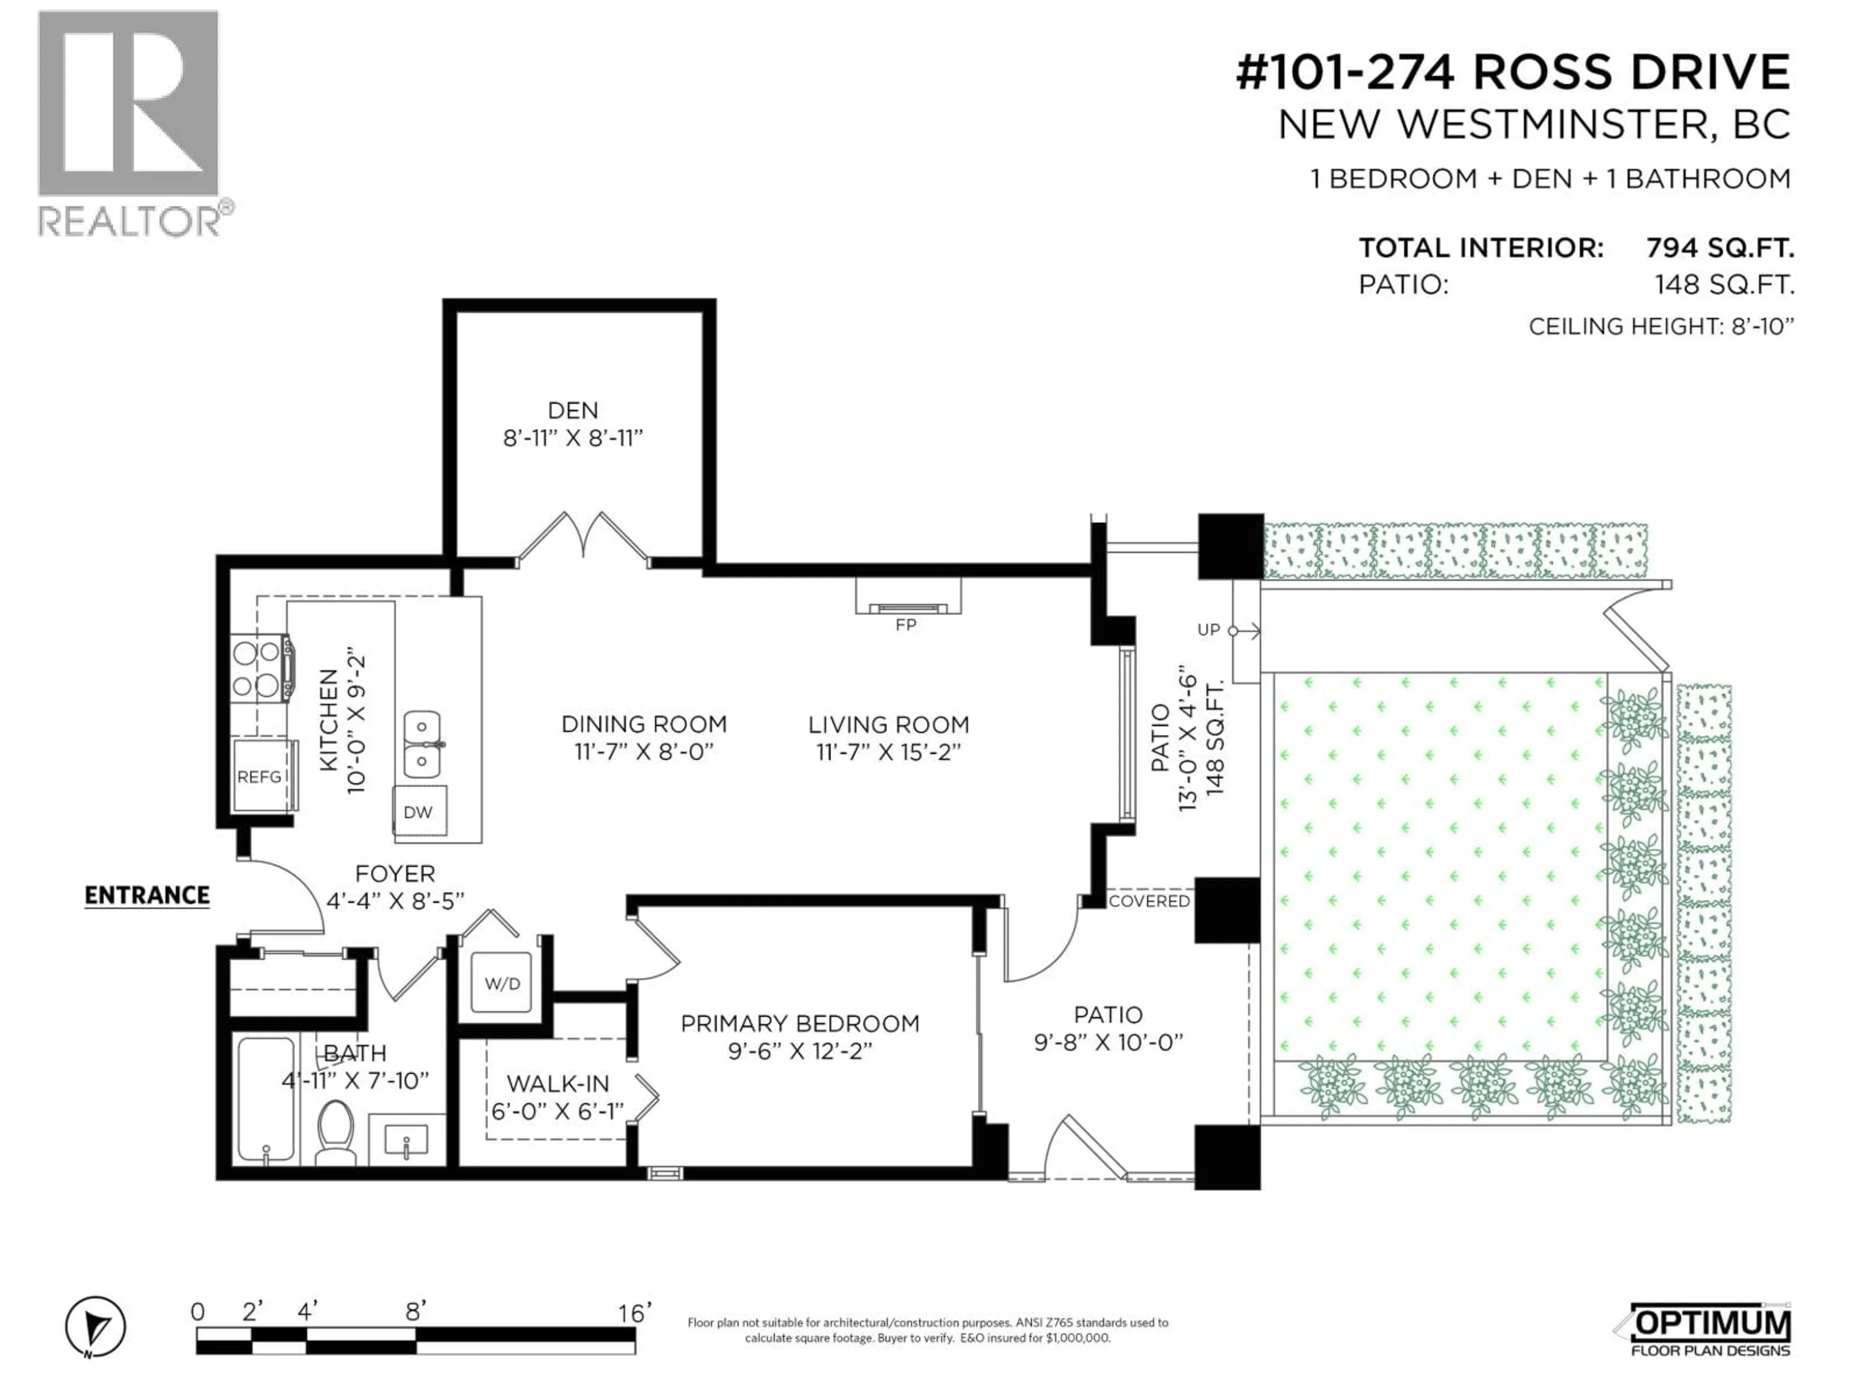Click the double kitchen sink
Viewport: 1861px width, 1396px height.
[x=422, y=744]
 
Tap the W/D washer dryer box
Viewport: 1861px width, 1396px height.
[x=502, y=983]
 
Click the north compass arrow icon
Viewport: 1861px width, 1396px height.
[x=96, y=1327]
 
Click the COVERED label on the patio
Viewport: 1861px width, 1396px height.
[x=1149, y=901]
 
